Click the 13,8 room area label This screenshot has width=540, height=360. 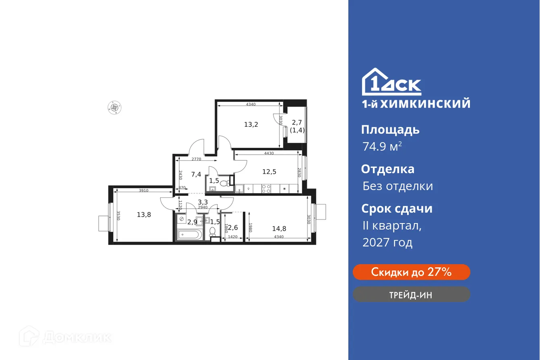pyautogui.click(x=144, y=215)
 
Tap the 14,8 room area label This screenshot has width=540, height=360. pyautogui.click(x=279, y=228)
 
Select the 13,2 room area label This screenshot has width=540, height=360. pyautogui.click(x=251, y=124)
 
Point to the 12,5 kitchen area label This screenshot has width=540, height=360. pyautogui.click(x=269, y=172)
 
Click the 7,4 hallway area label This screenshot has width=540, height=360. pyautogui.click(x=196, y=174)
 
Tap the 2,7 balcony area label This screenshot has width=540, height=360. pyautogui.click(x=297, y=122)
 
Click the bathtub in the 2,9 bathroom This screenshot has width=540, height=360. pyautogui.click(x=190, y=234)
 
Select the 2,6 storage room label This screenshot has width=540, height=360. pyautogui.click(x=233, y=228)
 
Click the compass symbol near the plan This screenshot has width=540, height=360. pyautogui.click(x=115, y=107)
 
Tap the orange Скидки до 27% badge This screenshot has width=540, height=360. pyautogui.click(x=411, y=272)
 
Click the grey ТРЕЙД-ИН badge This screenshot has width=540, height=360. pyautogui.click(x=411, y=294)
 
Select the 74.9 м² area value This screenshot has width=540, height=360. pyautogui.click(x=382, y=147)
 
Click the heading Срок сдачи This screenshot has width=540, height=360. pyautogui.click(x=397, y=209)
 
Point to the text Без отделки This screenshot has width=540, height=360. pyautogui.click(x=397, y=186)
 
